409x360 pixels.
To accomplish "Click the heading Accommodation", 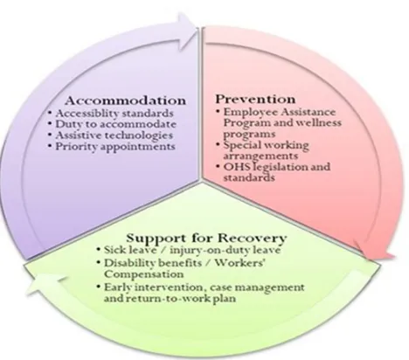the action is (x=125, y=100).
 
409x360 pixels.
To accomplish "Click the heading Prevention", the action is (x=255, y=100).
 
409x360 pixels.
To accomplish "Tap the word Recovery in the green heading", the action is (x=252, y=239).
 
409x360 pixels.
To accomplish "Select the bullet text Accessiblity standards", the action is (x=114, y=113).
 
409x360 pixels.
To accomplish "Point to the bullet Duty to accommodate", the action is (x=115, y=124).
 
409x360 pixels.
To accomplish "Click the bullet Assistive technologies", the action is (x=114, y=135).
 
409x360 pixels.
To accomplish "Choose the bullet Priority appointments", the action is (x=115, y=147).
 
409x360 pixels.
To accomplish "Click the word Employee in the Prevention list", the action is (x=250, y=112).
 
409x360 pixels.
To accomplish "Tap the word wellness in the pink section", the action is (x=319, y=122).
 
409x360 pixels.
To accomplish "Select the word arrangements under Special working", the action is (x=260, y=156).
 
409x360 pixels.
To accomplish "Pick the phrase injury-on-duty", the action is (x=210, y=251).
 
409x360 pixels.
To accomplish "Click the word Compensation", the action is (x=144, y=274).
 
